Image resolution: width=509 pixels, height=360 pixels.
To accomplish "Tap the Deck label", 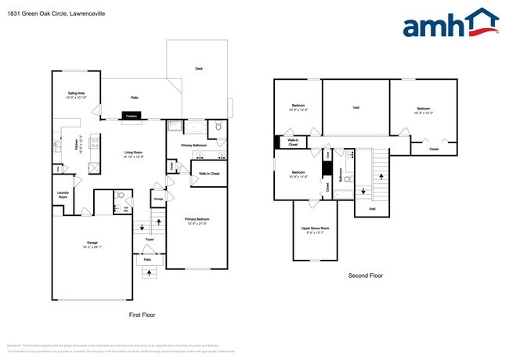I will pos(200,69).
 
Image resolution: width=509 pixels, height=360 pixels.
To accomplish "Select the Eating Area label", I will pos(75,94).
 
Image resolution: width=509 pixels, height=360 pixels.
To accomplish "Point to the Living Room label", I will pos(133,154).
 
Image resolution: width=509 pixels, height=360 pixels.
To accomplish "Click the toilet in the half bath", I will pos(121,196).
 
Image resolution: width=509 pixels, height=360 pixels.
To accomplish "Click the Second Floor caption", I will pos(365,275).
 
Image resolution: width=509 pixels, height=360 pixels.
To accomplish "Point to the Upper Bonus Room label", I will pos(316,229).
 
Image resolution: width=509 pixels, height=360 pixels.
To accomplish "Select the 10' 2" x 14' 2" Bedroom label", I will pos(423,110).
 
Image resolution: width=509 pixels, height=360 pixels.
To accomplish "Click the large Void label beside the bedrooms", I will pos(356,107).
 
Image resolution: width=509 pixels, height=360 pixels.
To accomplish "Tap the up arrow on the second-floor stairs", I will pos(363,190).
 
